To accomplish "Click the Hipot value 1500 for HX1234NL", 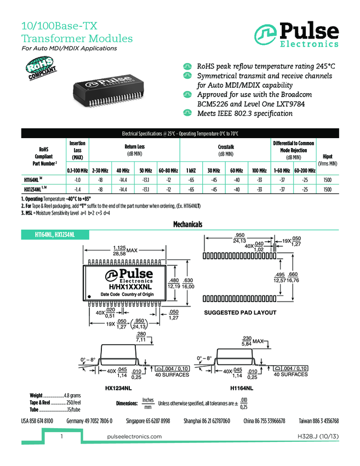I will (327, 189).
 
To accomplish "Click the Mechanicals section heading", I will (188, 225).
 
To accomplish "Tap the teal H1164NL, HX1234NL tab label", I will (55, 235).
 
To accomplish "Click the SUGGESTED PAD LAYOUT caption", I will (239, 312).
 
